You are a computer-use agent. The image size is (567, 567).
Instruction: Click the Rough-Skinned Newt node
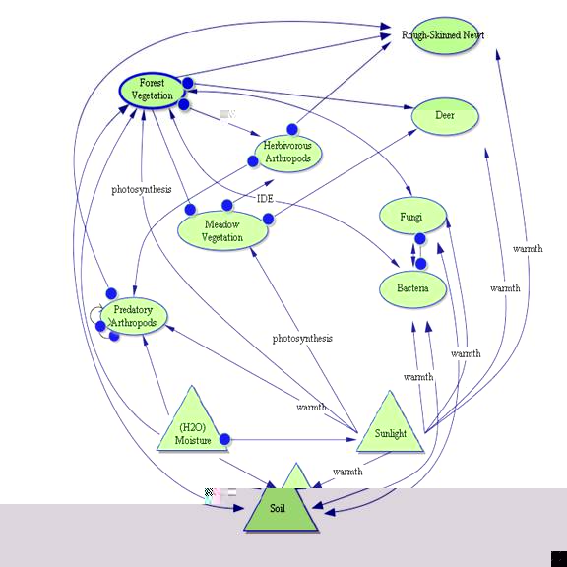pyautogui.click(x=444, y=35)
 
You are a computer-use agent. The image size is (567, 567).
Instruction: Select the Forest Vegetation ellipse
pyautogui.click(x=152, y=90)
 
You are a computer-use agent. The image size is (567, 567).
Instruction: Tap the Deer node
pyautogui.click(x=445, y=116)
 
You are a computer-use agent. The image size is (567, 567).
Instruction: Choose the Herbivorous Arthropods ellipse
pyautogui.click(x=287, y=153)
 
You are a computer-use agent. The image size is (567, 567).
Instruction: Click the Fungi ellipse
pyautogui.click(x=410, y=216)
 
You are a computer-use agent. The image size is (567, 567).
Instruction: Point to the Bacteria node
pyautogui.click(x=412, y=288)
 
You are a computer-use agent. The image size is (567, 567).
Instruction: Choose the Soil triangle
pyautogui.click(x=283, y=504)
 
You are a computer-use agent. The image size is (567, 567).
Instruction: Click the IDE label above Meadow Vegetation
pyautogui.click(x=265, y=199)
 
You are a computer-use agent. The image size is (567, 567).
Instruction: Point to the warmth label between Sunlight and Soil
pyautogui.click(x=347, y=472)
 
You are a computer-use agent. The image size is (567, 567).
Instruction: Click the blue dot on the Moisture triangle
pyautogui.click(x=224, y=439)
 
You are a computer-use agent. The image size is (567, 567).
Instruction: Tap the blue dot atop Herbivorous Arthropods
pyautogui.click(x=292, y=129)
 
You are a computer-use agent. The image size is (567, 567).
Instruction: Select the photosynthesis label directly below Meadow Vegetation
pyautogui.click(x=302, y=339)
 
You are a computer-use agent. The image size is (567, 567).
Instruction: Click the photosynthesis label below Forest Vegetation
pyautogui.click(x=141, y=189)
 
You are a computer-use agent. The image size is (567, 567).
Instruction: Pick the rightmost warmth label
pyautogui.click(x=528, y=249)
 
